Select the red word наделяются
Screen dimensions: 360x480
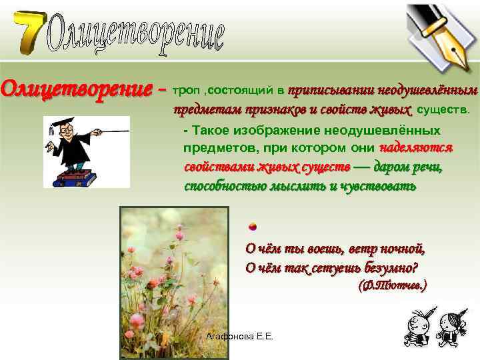click(417, 147)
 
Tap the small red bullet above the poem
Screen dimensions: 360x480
click(253, 225)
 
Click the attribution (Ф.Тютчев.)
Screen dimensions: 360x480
click(393, 286)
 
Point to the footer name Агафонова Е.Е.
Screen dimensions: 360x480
click(240, 337)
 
